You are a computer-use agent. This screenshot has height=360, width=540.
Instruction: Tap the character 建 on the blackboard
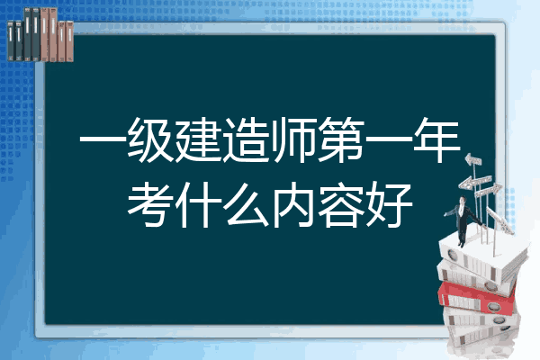198,140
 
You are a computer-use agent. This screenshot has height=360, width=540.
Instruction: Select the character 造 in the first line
246,140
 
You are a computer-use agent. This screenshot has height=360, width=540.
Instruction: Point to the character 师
293,140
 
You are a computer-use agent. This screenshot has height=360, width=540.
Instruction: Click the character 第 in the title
341,140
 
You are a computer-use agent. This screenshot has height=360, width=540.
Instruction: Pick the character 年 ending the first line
437,140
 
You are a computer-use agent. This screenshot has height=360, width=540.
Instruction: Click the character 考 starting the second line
150,205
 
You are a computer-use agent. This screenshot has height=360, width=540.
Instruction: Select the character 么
246,205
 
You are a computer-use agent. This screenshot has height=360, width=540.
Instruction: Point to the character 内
293,205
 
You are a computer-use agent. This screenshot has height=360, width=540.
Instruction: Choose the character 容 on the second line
341,205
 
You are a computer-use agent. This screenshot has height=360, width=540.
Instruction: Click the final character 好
389,205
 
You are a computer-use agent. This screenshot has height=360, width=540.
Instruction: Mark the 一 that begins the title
103,139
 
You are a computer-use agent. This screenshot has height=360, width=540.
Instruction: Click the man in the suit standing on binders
463,220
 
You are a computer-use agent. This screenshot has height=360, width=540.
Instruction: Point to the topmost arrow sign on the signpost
473,159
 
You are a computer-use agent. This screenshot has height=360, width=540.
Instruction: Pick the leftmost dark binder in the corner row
11,41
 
